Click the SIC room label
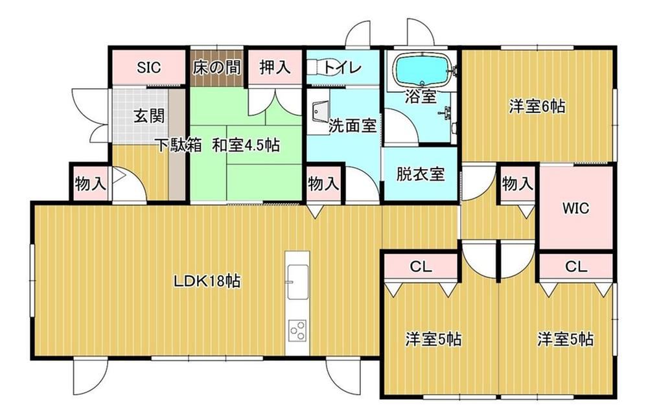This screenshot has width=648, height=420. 149,67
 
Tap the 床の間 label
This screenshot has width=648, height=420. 217,67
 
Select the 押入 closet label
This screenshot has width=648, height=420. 275,67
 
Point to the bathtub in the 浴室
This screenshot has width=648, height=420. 422,70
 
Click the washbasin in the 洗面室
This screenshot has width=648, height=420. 320,111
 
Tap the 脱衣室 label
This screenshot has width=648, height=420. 421,174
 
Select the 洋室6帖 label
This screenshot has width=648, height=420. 537,107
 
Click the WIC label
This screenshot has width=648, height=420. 575,208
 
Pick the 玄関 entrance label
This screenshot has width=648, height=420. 150,116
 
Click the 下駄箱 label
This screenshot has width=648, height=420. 178,145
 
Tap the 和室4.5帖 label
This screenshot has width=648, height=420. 246,145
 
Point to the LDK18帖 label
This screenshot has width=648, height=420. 207,281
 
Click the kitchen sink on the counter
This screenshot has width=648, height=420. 297,282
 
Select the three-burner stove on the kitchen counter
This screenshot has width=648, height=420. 297,331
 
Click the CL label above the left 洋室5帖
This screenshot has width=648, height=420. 421,267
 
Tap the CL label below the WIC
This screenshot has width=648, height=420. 575,267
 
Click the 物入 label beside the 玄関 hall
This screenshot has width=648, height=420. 91,183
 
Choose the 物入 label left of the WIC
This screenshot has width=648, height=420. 517,183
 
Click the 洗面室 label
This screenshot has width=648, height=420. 353,126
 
